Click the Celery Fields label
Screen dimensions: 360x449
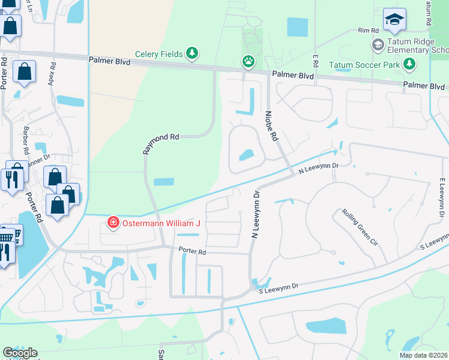pos(159,54)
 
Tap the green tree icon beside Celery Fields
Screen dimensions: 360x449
pos(192,54)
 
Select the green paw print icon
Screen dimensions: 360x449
pos(247,61)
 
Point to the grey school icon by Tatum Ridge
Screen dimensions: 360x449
pos(378,44)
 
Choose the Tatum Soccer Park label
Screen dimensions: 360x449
pos(364,64)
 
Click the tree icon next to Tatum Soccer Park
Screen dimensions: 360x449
pos(409,64)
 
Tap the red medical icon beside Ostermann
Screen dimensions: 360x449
pos(112,223)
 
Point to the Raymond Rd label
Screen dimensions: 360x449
pos(161,145)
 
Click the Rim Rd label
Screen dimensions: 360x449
pos(367,30)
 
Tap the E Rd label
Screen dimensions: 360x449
pos(314,59)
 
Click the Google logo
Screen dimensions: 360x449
pos(20,353)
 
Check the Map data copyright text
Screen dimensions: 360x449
pos(423,355)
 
